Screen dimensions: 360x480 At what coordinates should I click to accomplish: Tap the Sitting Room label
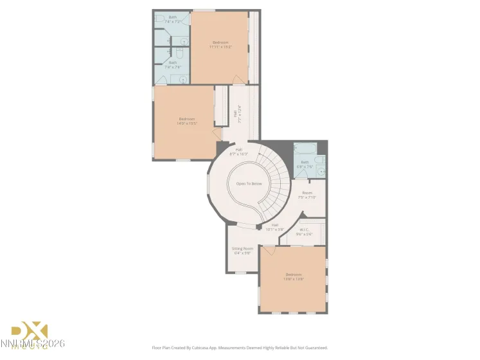click(242, 251)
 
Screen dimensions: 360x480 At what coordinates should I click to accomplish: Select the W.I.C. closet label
click(305, 232)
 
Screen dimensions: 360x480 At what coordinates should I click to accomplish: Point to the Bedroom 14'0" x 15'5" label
click(187, 121)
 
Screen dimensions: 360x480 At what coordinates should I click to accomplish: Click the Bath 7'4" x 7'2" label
click(173, 19)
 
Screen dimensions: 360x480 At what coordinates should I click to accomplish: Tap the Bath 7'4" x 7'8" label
click(173, 64)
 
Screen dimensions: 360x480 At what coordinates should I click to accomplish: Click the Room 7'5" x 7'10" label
click(307, 195)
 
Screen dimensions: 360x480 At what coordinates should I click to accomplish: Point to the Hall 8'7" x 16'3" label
click(238, 152)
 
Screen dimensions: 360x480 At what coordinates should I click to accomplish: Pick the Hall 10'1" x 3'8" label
click(274, 226)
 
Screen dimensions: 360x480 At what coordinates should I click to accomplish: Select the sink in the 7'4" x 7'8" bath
click(183, 79)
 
